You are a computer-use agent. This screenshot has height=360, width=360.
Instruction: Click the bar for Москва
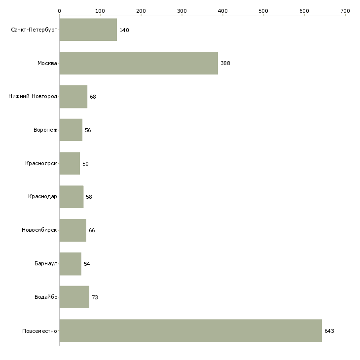(139, 63)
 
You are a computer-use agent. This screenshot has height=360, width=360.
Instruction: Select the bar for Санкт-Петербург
(88, 30)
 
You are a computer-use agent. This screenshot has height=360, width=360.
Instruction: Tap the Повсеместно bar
(190, 330)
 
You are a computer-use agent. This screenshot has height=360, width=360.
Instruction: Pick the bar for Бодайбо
(74, 297)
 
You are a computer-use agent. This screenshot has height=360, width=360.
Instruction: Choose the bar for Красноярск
(70, 163)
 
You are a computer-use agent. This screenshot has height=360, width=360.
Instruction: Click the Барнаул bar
(71, 264)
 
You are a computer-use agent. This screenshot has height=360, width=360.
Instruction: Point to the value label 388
(225, 64)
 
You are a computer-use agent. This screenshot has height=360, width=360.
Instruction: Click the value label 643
(329, 331)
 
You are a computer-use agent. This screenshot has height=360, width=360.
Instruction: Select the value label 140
(124, 31)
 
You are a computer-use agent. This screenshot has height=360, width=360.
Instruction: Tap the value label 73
(95, 297)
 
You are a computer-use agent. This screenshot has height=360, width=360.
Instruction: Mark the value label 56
(88, 131)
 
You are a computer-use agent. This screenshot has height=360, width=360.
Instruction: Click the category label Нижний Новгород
(33, 97)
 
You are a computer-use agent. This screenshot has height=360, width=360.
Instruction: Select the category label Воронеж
(45, 130)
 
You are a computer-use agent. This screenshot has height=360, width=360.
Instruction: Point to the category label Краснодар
(42, 197)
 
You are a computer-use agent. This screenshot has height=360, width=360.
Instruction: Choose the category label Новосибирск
(39, 230)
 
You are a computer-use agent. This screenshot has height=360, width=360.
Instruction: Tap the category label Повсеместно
(39, 331)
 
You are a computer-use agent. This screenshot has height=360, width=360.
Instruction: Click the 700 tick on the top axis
(345, 11)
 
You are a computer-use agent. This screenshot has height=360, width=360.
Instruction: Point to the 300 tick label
(182, 11)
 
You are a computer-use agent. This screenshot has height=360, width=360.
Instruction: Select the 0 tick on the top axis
(59, 11)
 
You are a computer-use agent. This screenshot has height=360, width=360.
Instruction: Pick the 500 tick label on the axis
(263, 11)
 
